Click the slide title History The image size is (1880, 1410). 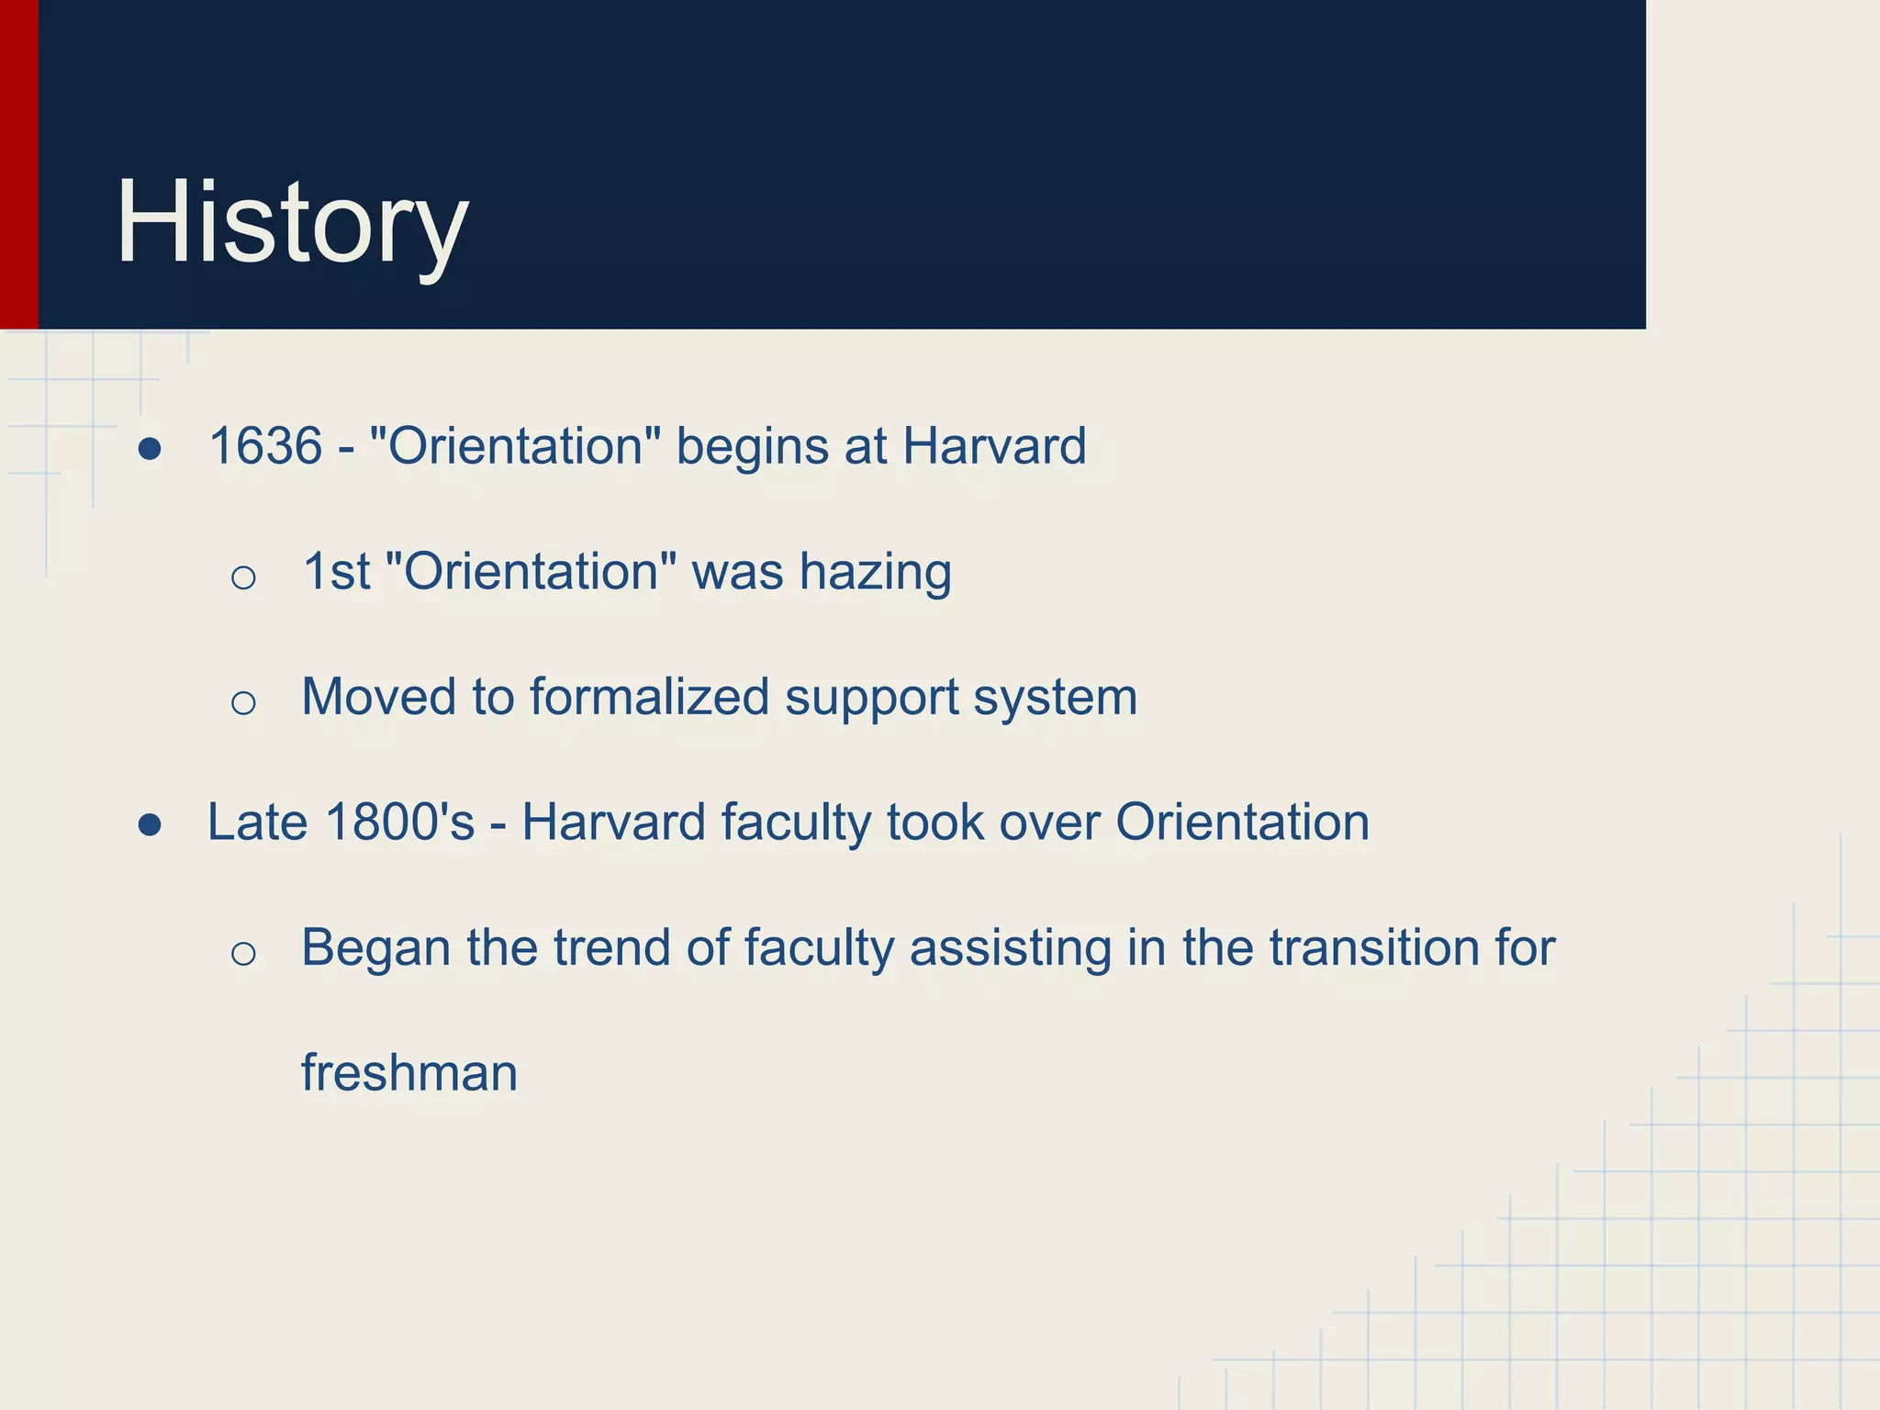(x=292, y=223)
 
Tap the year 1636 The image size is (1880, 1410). (x=265, y=447)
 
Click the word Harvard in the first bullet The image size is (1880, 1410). (x=994, y=447)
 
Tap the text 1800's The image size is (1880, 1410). (x=400, y=822)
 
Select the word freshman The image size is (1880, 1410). (x=409, y=1073)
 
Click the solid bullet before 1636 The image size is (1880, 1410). (x=150, y=450)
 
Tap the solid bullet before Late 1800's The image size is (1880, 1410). (x=150, y=825)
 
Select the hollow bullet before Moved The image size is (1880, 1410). (x=243, y=703)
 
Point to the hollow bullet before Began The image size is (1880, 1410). (x=243, y=954)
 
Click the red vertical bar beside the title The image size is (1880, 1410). (x=18, y=165)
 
